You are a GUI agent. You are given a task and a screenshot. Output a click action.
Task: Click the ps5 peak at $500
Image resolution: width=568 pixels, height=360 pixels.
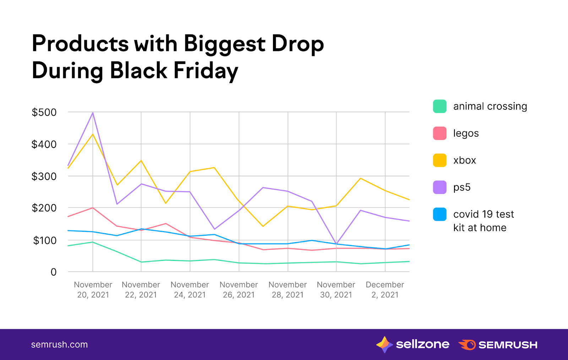93,113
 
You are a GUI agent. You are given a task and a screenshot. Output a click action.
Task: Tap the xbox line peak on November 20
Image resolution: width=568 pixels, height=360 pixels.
93,134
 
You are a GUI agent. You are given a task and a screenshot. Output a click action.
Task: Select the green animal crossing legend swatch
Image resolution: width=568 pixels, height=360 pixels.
439,107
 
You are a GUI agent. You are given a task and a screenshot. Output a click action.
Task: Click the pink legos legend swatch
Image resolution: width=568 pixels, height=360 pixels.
439,133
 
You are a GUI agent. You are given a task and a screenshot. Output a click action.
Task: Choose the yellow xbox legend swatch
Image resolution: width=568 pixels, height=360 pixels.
439,160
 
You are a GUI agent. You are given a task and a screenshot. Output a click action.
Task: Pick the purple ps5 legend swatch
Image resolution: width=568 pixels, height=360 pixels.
439,187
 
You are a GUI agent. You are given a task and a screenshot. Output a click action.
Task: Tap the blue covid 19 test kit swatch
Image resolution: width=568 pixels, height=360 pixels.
439,214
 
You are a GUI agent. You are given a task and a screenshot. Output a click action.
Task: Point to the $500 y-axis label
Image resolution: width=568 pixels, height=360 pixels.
44,113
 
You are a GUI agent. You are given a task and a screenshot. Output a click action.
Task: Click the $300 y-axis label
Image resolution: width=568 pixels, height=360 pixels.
44,176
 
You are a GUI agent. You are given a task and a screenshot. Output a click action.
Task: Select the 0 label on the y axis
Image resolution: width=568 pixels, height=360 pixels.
54,272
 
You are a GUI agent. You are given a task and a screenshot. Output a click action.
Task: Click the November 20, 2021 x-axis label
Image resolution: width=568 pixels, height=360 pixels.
93,290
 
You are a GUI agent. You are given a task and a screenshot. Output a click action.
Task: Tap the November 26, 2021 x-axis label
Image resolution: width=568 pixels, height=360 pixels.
239,290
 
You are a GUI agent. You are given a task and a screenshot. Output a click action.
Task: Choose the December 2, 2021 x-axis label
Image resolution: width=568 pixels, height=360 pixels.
385,290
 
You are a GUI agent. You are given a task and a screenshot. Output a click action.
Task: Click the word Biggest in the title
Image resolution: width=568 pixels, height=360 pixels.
224,44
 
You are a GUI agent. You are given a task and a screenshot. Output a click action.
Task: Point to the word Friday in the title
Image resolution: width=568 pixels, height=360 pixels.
206,71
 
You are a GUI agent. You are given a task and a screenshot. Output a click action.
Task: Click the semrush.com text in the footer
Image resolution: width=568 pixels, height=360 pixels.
59,345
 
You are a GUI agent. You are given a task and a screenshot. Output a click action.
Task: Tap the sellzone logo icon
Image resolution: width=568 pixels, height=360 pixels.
384,344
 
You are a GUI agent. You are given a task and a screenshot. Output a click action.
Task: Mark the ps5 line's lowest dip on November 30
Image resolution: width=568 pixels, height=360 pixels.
336,244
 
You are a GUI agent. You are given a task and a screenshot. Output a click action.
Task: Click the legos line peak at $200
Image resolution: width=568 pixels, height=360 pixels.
93,208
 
